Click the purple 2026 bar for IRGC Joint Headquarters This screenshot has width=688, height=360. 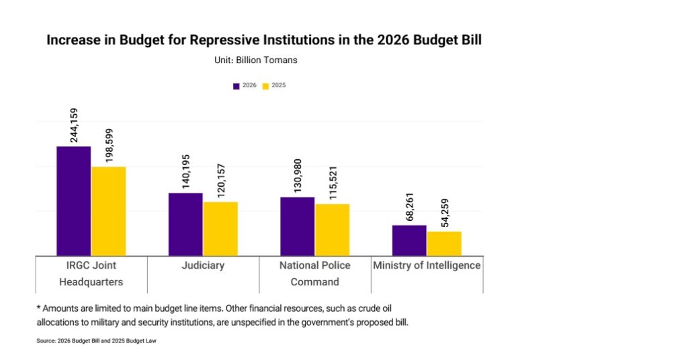(73, 200)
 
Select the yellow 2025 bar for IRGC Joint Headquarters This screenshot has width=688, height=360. (108, 211)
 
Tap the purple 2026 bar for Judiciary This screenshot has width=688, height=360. (185, 224)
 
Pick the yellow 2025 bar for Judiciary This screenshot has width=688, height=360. (220, 228)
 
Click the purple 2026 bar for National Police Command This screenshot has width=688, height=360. (297, 226)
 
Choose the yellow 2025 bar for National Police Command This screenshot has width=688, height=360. (333, 229)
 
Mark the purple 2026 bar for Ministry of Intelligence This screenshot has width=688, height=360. (409, 240)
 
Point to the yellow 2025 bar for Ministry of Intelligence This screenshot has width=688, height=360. (444, 243)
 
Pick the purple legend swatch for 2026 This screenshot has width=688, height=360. (236, 86)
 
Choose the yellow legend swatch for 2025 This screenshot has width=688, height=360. (265, 86)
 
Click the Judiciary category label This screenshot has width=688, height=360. (203, 265)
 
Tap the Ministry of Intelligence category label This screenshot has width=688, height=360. (427, 265)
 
